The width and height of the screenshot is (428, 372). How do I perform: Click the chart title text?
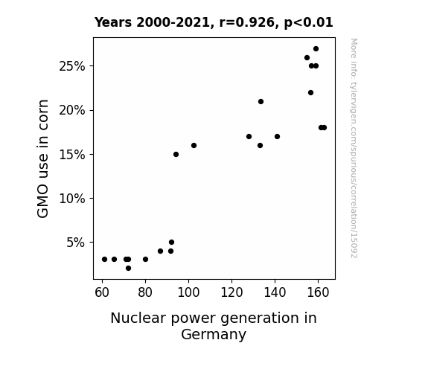click(x=214, y=22)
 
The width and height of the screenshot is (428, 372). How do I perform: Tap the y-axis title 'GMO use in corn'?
click(x=42, y=158)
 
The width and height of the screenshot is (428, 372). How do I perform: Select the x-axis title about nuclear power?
click(x=214, y=326)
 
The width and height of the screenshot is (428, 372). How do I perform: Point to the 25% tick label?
click(x=71, y=66)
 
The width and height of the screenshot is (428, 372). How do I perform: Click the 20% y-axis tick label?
click(x=71, y=110)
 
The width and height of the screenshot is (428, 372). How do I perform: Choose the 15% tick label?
click(x=71, y=155)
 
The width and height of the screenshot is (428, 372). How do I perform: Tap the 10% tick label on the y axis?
click(x=71, y=199)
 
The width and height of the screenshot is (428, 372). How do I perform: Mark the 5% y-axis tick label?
click(x=76, y=243)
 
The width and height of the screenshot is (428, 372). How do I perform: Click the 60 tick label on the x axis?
click(x=102, y=292)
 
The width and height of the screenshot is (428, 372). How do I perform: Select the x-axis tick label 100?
click(x=188, y=292)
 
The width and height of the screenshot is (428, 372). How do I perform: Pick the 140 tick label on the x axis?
click(x=275, y=292)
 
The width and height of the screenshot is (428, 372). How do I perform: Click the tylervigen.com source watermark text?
click(x=354, y=148)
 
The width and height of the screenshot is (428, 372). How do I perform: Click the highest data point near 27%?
click(x=316, y=49)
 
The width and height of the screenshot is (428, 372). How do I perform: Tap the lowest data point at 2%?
click(x=128, y=269)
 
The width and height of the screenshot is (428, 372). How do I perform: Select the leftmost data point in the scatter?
click(x=104, y=259)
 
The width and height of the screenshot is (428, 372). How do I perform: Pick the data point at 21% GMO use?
click(x=261, y=101)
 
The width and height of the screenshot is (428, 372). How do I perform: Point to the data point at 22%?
click(x=310, y=93)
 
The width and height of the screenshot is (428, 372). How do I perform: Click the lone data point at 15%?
click(x=176, y=155)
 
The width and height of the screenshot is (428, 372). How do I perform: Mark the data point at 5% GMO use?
click(x=171, y=243)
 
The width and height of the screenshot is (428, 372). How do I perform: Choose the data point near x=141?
click(x=277, y=136)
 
